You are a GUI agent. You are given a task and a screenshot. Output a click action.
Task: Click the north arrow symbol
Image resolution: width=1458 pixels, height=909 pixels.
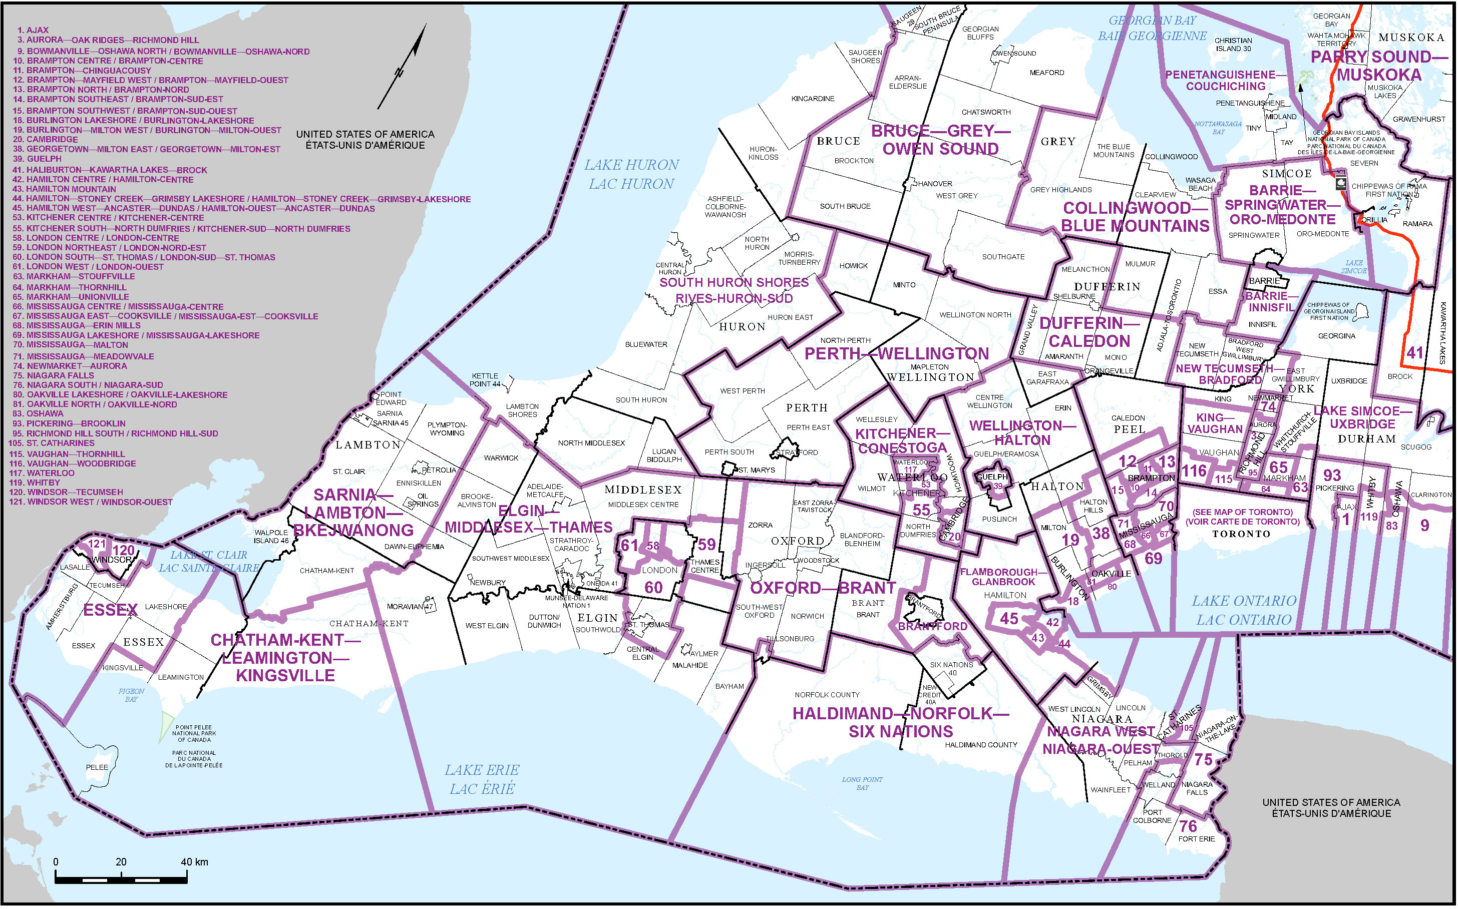(x=402, y=68)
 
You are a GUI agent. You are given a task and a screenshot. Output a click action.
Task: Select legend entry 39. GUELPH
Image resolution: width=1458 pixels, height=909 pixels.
(x=37, y=159)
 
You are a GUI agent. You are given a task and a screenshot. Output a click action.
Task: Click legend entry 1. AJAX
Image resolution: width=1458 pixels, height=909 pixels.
(x=33, y=30)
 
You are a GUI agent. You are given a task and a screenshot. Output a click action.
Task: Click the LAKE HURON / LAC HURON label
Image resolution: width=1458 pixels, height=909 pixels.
(x=631, y=174)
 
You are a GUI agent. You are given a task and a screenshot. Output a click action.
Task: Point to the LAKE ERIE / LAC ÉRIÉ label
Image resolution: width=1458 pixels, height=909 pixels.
(x=482, y=779)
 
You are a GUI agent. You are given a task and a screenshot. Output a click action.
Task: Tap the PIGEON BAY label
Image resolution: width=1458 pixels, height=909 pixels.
(x=131, y=695)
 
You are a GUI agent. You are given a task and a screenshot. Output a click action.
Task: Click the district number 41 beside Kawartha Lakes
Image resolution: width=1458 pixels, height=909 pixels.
(x=1414, y=353)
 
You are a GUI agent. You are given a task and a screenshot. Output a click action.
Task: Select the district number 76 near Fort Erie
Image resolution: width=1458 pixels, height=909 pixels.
(x=1188, y=826)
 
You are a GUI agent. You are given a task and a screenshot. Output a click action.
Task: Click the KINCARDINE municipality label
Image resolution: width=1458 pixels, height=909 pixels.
(x=813, y=99)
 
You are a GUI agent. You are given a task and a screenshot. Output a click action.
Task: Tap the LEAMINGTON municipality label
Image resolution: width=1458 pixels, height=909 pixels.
(x=181, y=677)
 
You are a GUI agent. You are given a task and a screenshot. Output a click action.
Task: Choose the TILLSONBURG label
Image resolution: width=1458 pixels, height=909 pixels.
(x=790, y=639)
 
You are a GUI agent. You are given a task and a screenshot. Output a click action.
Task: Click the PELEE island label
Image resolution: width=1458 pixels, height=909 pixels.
(x=97, y=767)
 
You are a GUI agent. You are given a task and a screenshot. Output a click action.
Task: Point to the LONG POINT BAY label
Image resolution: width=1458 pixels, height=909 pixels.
(x=862, y=783)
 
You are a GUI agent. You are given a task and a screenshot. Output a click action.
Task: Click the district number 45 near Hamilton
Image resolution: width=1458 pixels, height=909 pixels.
(x=1009, y=619)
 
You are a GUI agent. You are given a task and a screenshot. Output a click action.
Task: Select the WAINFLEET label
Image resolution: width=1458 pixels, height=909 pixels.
(x=1110, y=790)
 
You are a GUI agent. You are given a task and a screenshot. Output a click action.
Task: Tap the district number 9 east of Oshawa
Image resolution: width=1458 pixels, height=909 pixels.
(x=1424, y=526)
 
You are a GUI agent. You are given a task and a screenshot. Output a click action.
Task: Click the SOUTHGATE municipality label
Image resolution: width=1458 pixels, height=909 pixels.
(x=1003, y=257)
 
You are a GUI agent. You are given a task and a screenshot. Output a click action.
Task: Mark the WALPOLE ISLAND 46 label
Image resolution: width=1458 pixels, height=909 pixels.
(x=271, y=536)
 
